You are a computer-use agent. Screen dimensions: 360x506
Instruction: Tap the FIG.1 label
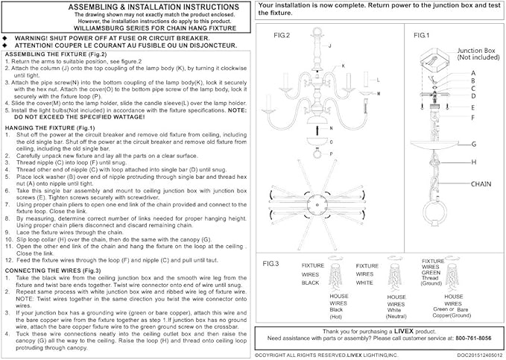click(421, 35)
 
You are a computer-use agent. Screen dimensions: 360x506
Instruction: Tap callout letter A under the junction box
click(472, 73)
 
